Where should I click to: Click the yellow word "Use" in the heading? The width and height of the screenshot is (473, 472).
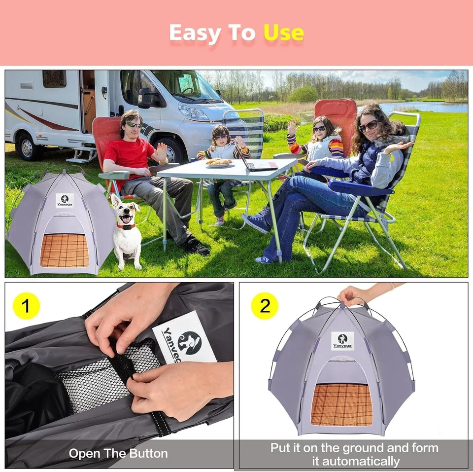283,33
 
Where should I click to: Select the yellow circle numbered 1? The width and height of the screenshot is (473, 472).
26,306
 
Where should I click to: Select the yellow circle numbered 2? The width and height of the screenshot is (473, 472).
265,306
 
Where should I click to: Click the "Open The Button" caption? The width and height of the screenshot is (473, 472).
118,453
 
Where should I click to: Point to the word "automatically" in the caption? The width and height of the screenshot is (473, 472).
356,461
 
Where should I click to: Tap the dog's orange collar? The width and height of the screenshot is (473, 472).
127,226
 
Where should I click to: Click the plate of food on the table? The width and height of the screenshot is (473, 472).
219,162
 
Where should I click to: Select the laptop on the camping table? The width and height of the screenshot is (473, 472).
260,163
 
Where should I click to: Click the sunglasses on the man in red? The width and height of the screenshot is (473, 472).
134,125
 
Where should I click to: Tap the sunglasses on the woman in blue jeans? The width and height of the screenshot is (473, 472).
368,127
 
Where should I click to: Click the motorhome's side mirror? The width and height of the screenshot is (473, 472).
146,98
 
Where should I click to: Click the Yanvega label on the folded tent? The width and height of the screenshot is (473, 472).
185,340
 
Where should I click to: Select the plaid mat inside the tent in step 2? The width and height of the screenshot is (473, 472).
341,404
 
